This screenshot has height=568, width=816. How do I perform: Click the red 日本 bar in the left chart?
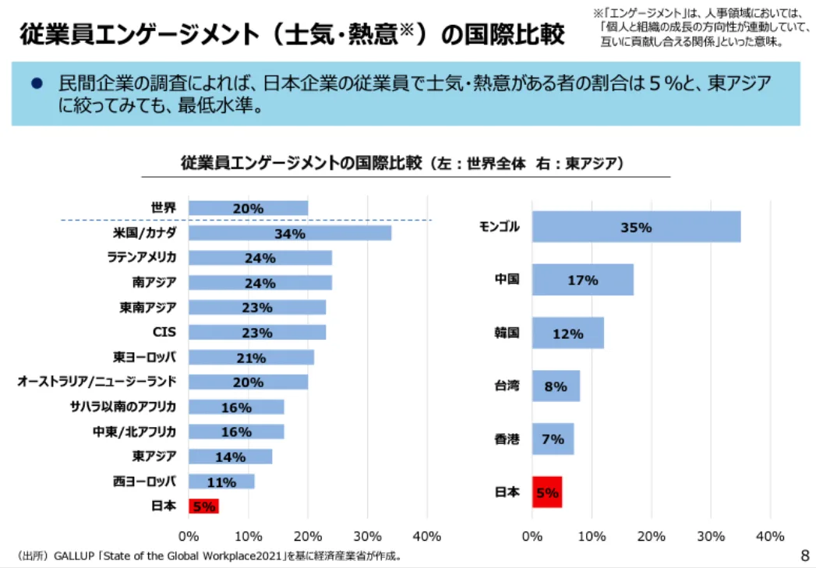point(203,506)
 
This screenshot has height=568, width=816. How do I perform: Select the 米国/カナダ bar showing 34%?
point(289,233)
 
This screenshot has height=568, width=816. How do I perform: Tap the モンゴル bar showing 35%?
point(636,228)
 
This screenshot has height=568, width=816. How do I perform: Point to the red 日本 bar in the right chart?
point(547,492)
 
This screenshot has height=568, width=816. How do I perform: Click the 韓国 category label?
point(507,333)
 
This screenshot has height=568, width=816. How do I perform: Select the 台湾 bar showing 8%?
point(556,386)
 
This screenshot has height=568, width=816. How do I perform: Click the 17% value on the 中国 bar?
point(582,280)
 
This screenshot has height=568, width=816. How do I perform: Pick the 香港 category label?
point(507,439)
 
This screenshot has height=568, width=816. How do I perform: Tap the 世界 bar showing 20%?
point(248,208)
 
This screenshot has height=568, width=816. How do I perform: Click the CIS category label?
point(164,332)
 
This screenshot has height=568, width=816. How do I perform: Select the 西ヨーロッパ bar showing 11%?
point(221,482)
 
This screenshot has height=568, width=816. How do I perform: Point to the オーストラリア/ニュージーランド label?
point(97,381)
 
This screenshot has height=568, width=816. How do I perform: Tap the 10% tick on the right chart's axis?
point(592,536)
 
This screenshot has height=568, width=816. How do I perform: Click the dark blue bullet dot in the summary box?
point(35,83)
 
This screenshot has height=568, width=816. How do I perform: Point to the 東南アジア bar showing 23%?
point(257,308)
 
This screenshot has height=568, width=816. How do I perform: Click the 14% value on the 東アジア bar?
point(231,457)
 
